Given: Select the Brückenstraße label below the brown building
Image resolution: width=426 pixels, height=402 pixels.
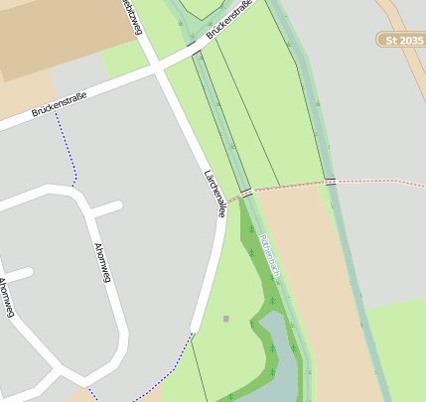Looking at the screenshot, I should tap(60, 104).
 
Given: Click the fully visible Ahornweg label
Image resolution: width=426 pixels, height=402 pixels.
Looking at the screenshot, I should tap(100, 264).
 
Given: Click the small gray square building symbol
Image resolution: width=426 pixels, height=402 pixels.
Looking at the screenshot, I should tap(226, 319).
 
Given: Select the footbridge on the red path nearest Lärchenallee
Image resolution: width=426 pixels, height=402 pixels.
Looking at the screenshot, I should tap(245, 190).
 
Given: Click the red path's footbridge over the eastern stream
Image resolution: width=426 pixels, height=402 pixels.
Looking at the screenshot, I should tap(331, 182).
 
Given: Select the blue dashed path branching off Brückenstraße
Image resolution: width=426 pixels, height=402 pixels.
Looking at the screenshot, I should tap(68, 149).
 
